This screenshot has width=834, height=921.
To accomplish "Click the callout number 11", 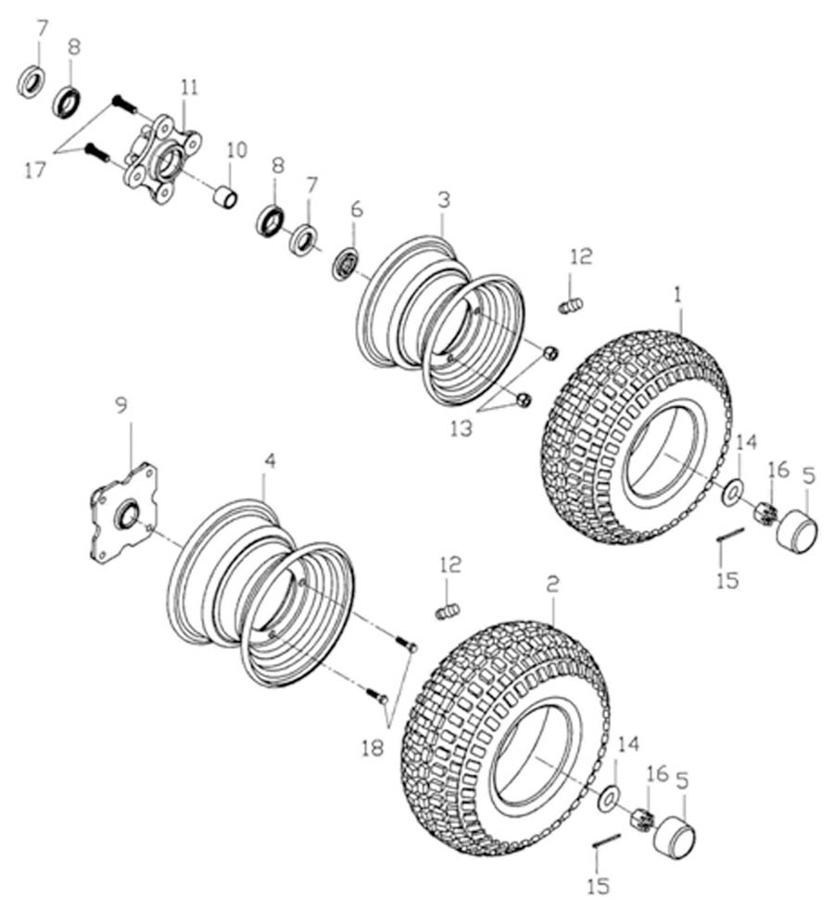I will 189,88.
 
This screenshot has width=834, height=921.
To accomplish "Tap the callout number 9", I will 120,405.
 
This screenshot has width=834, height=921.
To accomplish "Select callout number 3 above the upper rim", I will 444,199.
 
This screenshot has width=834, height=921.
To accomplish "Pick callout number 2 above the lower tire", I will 553,585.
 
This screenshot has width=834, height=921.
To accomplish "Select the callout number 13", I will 461,428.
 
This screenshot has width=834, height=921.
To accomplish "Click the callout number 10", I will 236,149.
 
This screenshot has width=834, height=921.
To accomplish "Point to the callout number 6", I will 358,210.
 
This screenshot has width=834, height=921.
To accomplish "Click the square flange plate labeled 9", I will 123,516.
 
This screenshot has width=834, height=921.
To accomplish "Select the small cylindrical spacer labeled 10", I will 224,196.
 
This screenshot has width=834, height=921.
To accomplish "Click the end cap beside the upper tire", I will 795,532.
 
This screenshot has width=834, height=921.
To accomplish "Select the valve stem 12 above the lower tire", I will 449,612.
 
